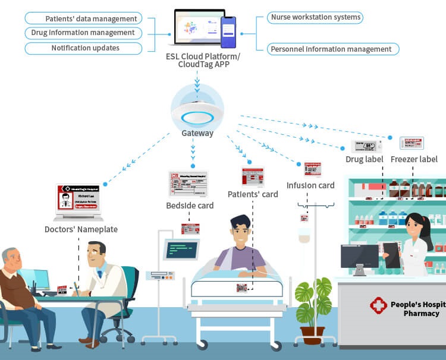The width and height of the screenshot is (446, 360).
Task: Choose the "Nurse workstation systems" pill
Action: (x=315, y=17)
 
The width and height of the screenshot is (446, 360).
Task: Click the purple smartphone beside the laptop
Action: (x=228, y=31)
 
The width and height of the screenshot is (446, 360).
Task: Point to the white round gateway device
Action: (x=196, y=113)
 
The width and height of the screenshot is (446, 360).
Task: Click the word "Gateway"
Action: (x=197, y=134)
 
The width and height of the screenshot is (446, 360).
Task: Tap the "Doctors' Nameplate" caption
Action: (x=81, y=229)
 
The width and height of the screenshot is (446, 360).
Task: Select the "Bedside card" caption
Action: (x=190, y=206)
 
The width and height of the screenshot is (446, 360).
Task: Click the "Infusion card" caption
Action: (x=310, y=185)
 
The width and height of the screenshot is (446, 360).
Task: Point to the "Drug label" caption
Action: (x=364, y=159)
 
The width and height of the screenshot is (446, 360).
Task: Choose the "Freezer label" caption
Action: (x=414, y=159)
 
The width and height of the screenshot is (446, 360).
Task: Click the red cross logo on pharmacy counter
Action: (x=378, y=306)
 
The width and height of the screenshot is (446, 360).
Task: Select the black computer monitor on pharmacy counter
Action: (x=359, y=257)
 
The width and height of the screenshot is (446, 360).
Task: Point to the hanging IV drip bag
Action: (x=304, y=235)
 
